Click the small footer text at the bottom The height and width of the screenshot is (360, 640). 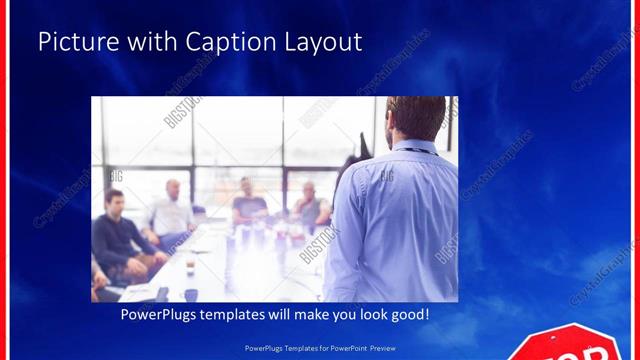click(x=320, y=349)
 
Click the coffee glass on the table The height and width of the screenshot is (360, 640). click(x=189, y=268)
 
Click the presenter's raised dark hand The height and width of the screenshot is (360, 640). click(x=351, y=160)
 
